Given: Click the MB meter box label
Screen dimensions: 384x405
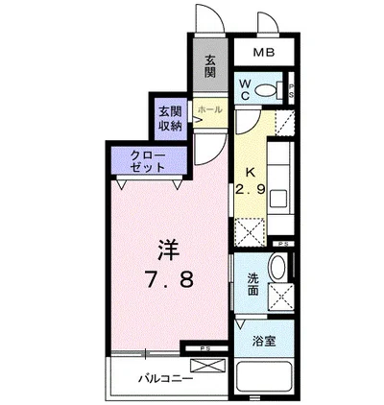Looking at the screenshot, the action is (264, 52).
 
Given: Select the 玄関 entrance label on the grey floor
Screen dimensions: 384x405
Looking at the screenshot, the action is (210, 66).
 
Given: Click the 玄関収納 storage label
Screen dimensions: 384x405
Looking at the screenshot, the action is (171, 119).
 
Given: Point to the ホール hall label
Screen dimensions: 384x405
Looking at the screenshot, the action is (210, 109).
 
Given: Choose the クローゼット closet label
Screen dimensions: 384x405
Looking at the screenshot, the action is (148, 161).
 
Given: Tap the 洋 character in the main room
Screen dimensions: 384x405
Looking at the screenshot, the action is (169, 250).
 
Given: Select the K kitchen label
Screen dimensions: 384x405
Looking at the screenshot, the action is (251, 173).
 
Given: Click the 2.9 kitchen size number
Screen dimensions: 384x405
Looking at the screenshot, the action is (251, 190).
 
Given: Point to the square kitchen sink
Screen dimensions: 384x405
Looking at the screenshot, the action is (277, 199).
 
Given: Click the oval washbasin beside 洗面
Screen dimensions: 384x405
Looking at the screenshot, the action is (278, 267).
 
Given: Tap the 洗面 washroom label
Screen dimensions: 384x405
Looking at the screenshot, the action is (252, 284).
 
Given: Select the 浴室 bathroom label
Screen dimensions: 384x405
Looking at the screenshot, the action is (264, 342).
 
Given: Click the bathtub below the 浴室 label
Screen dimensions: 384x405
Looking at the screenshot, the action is (264, 376).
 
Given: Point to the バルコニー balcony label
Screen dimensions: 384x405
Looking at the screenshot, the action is (166, 379).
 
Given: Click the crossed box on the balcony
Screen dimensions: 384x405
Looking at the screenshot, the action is (207, 366).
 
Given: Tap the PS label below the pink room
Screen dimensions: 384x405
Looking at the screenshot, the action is (203, 348).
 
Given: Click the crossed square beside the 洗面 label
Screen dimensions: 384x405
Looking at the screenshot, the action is (281, 297).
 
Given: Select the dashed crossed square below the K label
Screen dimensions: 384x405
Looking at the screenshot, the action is (250, 231).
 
